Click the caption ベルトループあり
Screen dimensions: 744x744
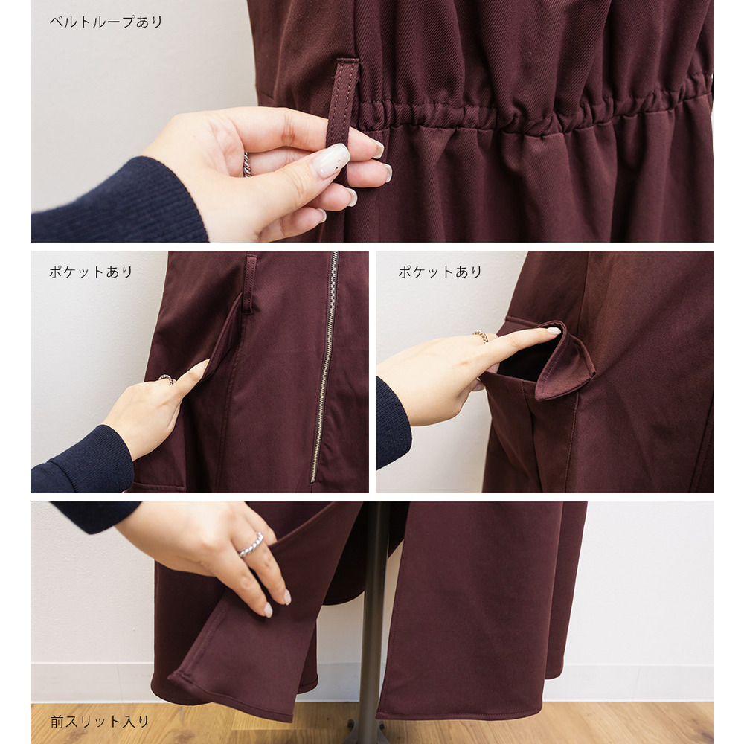click(x=106, y=22)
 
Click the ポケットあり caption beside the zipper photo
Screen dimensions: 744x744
click(x=91, y=272)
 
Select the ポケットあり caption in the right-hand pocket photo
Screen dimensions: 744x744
click(x=440, y=272)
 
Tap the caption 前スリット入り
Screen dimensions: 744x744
click(x=100, y=722)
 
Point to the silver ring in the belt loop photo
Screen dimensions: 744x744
click(x=247, y=164)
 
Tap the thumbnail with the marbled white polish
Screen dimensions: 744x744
click(x=331, y=160)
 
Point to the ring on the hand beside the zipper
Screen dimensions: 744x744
click(x=167, y=379)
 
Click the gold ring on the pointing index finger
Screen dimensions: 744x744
click(x=480, y=336)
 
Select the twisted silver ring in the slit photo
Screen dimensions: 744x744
click(x=251, y=545)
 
